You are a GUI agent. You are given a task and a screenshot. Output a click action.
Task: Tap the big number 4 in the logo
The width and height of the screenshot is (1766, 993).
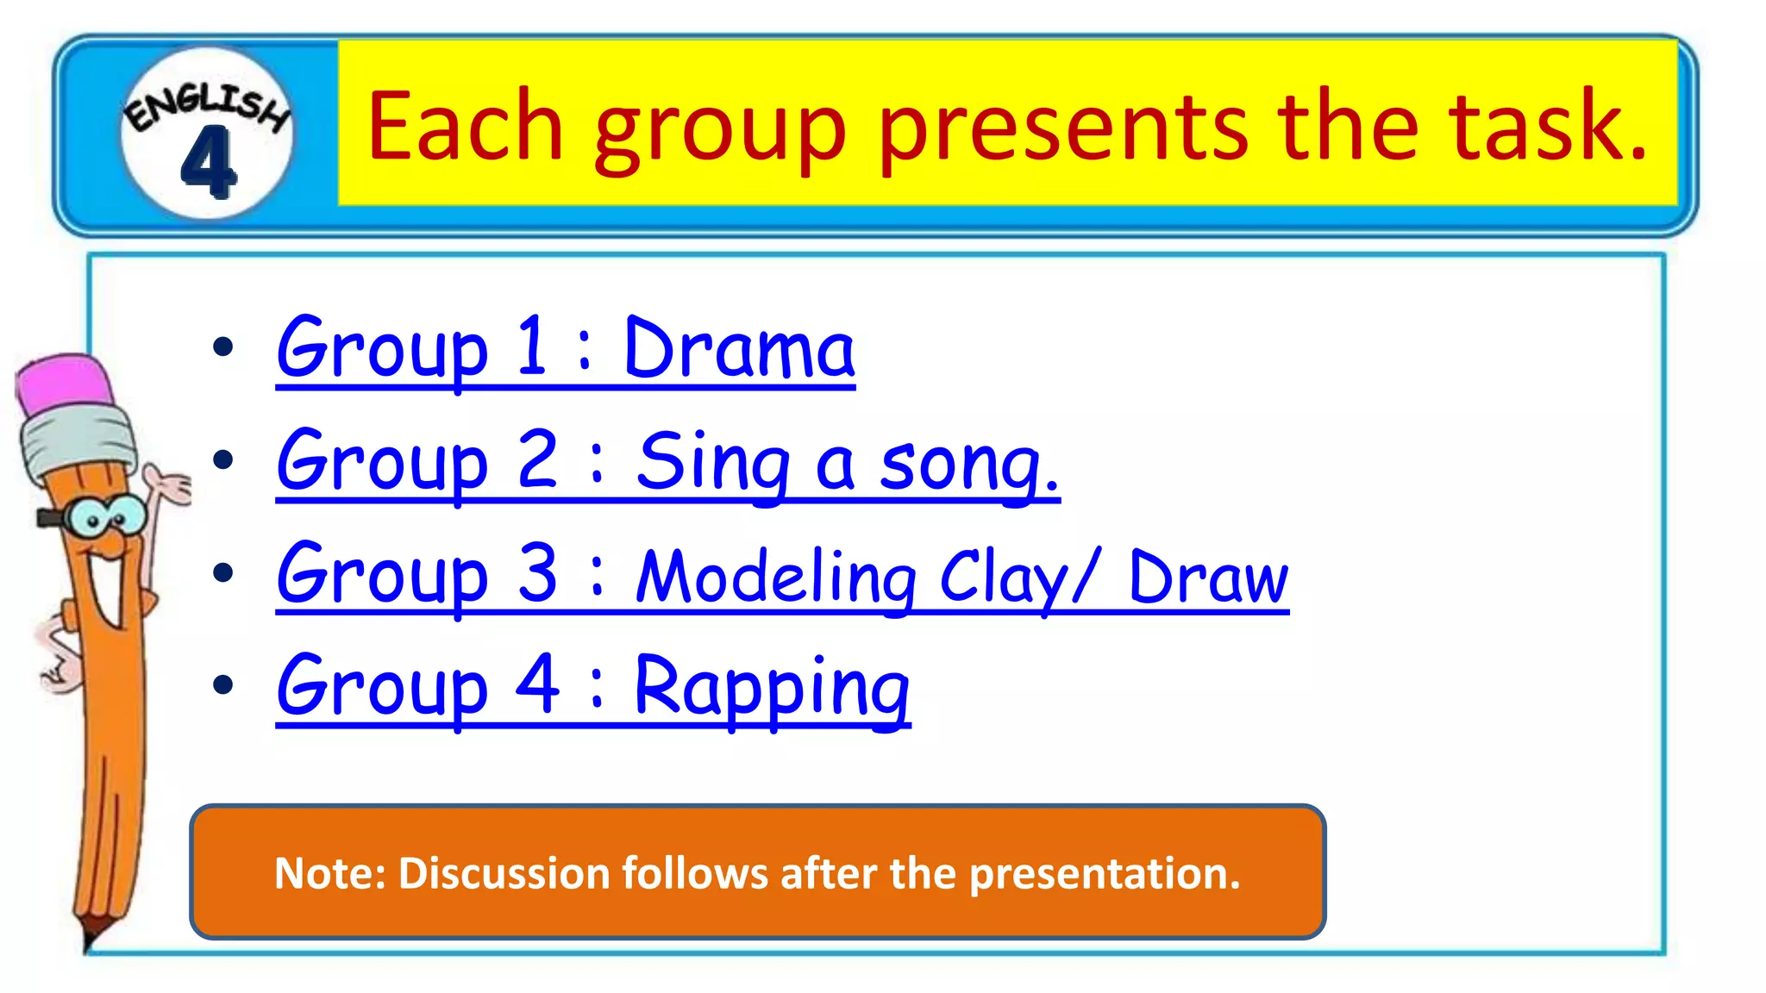pyautogui.click(x=208, y=162)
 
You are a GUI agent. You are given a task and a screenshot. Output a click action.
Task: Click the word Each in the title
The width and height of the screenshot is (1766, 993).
pyautogui.click(x=465, y=127)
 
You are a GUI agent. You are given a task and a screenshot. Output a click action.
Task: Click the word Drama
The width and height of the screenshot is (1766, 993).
pyautogui.click(x=738, y=349)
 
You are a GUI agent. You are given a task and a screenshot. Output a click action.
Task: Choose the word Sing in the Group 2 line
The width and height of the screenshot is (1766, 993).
pyautogui.click(x=712, y=464)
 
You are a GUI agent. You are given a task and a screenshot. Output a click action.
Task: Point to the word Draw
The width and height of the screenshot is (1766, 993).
pyautogui.click(x=1207, y=578)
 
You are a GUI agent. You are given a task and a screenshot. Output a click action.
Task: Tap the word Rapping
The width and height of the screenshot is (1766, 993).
pyautogui.click(x=772, y=688)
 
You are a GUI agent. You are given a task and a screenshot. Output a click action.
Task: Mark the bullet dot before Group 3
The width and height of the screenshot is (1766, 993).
pyautogui.click(x=223, y=572)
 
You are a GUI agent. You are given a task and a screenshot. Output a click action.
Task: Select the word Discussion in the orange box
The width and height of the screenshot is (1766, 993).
pyautogui.click(x=504, y=873)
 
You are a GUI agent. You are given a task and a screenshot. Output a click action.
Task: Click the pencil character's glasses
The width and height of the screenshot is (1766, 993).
pyautogui.click(x=103, y=517)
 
